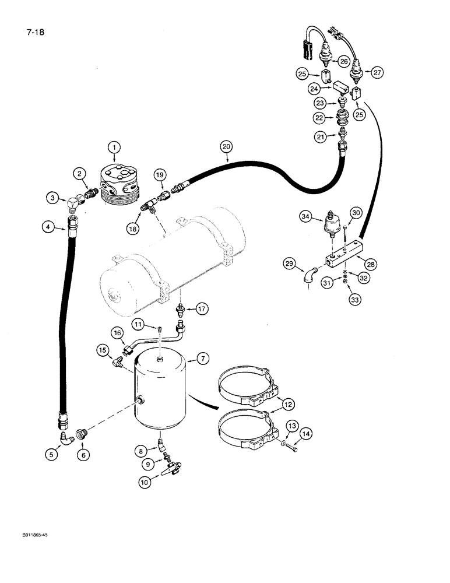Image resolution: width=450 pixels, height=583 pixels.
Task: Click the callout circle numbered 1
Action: coord(115,147)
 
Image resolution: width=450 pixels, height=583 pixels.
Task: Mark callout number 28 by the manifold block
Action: coord(371,248)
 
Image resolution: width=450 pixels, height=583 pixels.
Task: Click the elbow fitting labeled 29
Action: coord(310,275)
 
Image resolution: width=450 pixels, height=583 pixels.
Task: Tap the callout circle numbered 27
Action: coord(378,73)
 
